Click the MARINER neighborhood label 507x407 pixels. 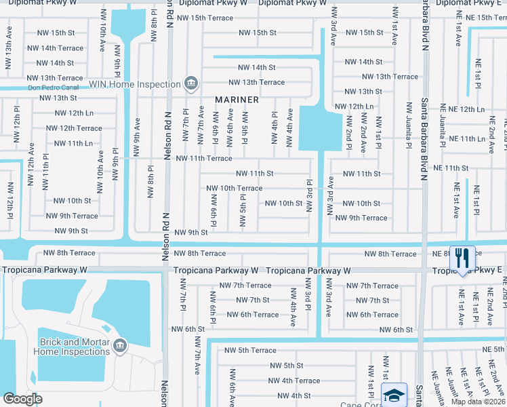pos(237,100)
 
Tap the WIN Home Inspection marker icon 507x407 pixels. pos(191,84)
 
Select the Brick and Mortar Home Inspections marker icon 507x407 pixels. pos(120,347)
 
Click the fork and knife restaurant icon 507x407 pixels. pos(462,258)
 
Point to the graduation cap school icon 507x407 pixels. pos(394,395)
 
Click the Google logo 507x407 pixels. pos(22,399)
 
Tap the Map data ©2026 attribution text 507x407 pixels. pos(477,402)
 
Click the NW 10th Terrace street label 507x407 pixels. pos(234,188)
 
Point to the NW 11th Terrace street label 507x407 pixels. pos(203,158)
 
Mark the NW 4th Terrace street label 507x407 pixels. pos(292,381)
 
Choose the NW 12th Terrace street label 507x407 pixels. pos(74,128)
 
